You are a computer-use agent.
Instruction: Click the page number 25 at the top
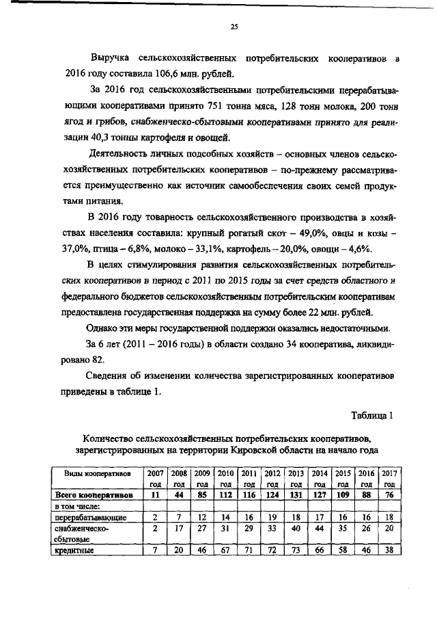click(234, 27)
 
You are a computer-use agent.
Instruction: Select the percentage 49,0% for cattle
click(311, 233)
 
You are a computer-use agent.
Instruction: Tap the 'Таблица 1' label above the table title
click(371, 415)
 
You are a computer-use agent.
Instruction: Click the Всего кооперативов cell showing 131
click(296, 495)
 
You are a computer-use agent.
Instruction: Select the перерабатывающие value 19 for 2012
click(272, 518)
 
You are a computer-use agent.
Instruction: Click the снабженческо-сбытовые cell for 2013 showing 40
click(296, 529)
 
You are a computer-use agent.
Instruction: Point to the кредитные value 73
click(296, 550)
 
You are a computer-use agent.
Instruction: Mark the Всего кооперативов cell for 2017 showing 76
click(389, 495)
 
